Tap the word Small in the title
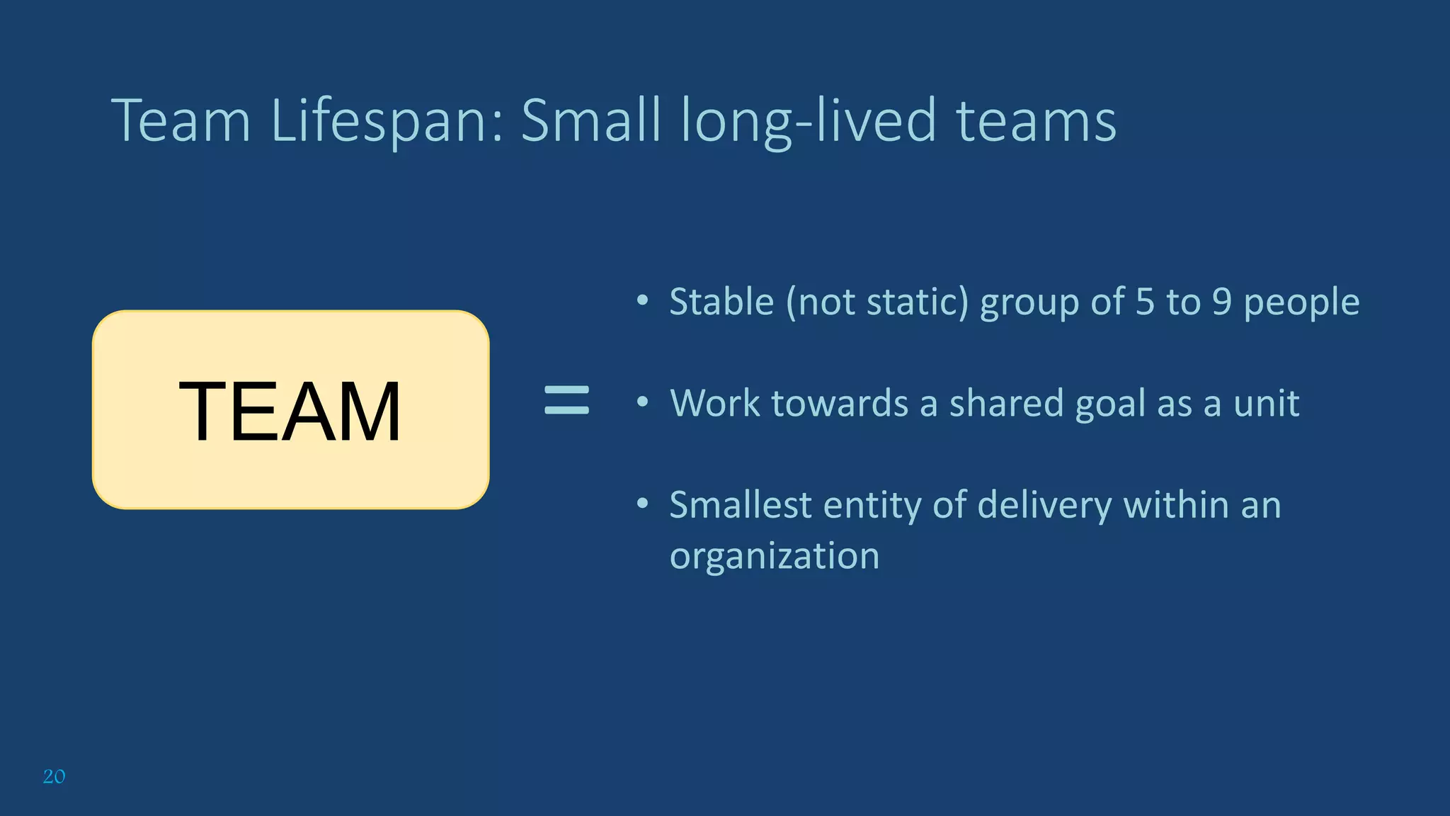pos(591,120)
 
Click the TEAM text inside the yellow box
pos(290,411)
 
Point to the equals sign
pos(566,400)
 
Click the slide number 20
pos(54,776)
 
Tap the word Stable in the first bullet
pos(721,302)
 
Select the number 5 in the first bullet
pos(1145,302)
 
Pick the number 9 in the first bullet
pos(1222,302)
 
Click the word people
pos(1301,303)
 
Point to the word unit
pos(1266,403)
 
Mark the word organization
pos(775,556)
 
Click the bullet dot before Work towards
pos(642,402)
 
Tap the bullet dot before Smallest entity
pos(642,504)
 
